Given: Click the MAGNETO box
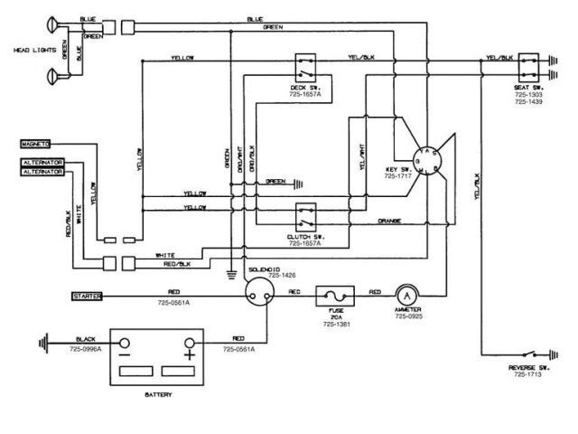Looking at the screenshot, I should point(35,143).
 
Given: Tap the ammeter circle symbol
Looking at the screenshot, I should point(407,295).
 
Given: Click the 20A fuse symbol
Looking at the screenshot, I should point(333,295).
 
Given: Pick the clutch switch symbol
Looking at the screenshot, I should point(306,217).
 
